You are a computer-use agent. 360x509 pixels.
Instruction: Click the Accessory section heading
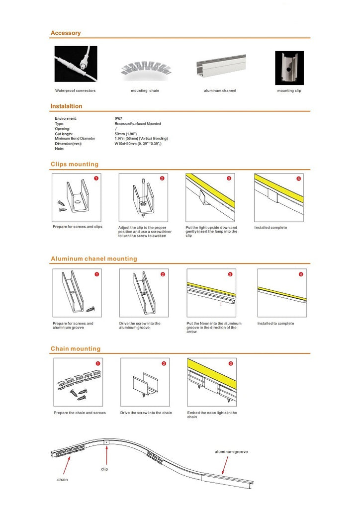(66, 33)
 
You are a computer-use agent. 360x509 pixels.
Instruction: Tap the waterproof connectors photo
(76, 64)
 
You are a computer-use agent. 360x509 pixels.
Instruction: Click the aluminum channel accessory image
(220, 67)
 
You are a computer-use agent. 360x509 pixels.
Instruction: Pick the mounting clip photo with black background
(289, 68)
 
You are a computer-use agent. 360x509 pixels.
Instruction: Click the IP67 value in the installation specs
(118, 118)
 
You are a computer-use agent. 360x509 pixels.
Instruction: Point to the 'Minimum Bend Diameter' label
(75, 138)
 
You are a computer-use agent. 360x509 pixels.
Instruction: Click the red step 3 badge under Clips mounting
(229, 178)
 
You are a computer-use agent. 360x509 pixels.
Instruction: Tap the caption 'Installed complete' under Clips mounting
(270, 228)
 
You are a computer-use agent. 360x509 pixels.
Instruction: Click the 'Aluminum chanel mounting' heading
(94, 258)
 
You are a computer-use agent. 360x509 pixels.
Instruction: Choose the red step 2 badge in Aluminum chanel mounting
(163, 274)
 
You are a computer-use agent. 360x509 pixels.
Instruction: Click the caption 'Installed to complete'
(275, 324)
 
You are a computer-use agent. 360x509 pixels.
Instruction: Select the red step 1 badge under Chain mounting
(97, 363)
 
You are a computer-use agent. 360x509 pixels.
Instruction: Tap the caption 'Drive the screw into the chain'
(146, 413)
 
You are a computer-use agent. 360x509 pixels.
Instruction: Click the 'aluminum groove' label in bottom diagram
(231, 452)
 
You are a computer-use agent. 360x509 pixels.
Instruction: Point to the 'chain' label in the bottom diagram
(62, 479)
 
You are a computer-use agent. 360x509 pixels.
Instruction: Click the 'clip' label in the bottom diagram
(104, 469)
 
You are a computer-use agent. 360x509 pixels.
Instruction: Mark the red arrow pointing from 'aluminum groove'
(225, 466)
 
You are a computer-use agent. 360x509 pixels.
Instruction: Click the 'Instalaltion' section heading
(67, 106)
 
